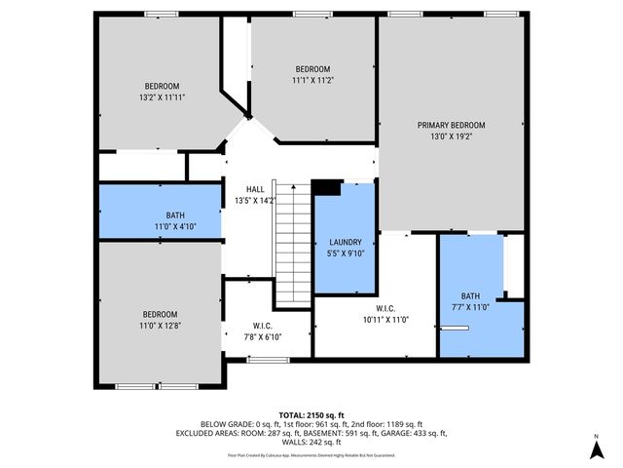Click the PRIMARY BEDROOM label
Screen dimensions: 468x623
pos(451,125)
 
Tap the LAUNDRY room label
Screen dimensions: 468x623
pos(346,242)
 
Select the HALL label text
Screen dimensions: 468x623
pos(255,189)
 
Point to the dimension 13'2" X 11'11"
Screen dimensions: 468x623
pos(162,97)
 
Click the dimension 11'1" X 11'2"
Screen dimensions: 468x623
pos(312,81)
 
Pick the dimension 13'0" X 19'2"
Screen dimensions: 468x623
pos(451,136)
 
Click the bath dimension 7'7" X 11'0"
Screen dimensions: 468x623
pos(470,307)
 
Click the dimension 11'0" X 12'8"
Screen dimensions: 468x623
pos(162,326)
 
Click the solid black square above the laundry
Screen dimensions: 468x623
pos(325,188)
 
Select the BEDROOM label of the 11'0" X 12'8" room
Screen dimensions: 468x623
pos(162,314)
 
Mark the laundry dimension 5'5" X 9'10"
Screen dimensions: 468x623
pos(346,253)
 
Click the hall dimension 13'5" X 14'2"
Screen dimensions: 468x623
pos(255,201)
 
